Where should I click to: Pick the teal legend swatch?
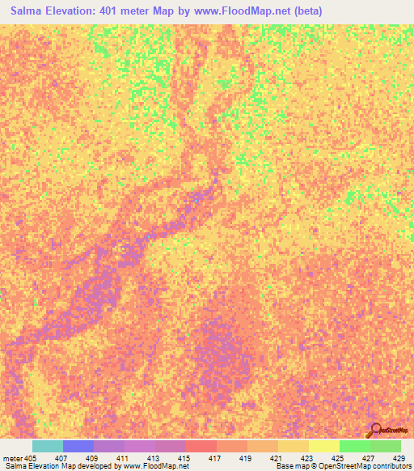[48, 446]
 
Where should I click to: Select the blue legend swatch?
[78, 446]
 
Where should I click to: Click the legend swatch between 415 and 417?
[201, 446]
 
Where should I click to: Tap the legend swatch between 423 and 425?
[324, 446]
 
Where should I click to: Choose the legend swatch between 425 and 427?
[355, 446]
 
